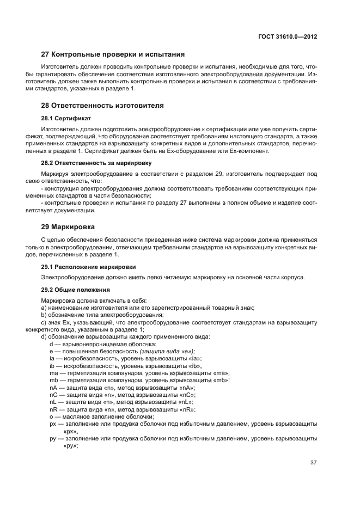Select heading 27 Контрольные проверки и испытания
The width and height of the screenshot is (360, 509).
(113, 54)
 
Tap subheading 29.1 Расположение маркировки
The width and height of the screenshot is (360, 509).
(89, 267)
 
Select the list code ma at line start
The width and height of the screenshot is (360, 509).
(53, 373)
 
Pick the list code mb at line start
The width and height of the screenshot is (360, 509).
(53, 380)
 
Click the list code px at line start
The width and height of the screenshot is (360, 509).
(53, 423)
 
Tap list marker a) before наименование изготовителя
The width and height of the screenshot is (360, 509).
(44, 308)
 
